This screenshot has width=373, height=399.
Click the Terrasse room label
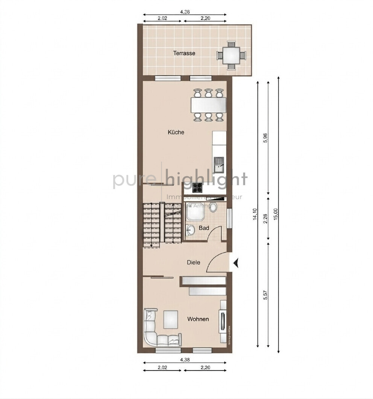[x=184, y=53]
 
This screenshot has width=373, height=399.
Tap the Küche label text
[x=176, y=132]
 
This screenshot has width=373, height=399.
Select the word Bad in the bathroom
[x=204, y=228]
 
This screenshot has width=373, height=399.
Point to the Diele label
[x=194, y=263]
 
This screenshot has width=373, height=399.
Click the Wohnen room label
[x=198, y=319]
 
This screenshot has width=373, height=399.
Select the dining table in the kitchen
[x=208, y=105]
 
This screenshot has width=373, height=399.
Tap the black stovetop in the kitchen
[x=197, y=187]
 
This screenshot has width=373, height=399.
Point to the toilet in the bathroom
[x=214, y=207]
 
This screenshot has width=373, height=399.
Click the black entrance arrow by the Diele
[x=236, y=263]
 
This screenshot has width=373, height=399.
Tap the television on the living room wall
[x=224, y=322]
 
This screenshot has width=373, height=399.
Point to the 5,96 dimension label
[x=265, y=138]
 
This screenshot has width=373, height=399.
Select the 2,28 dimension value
[x=265, y=219]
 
